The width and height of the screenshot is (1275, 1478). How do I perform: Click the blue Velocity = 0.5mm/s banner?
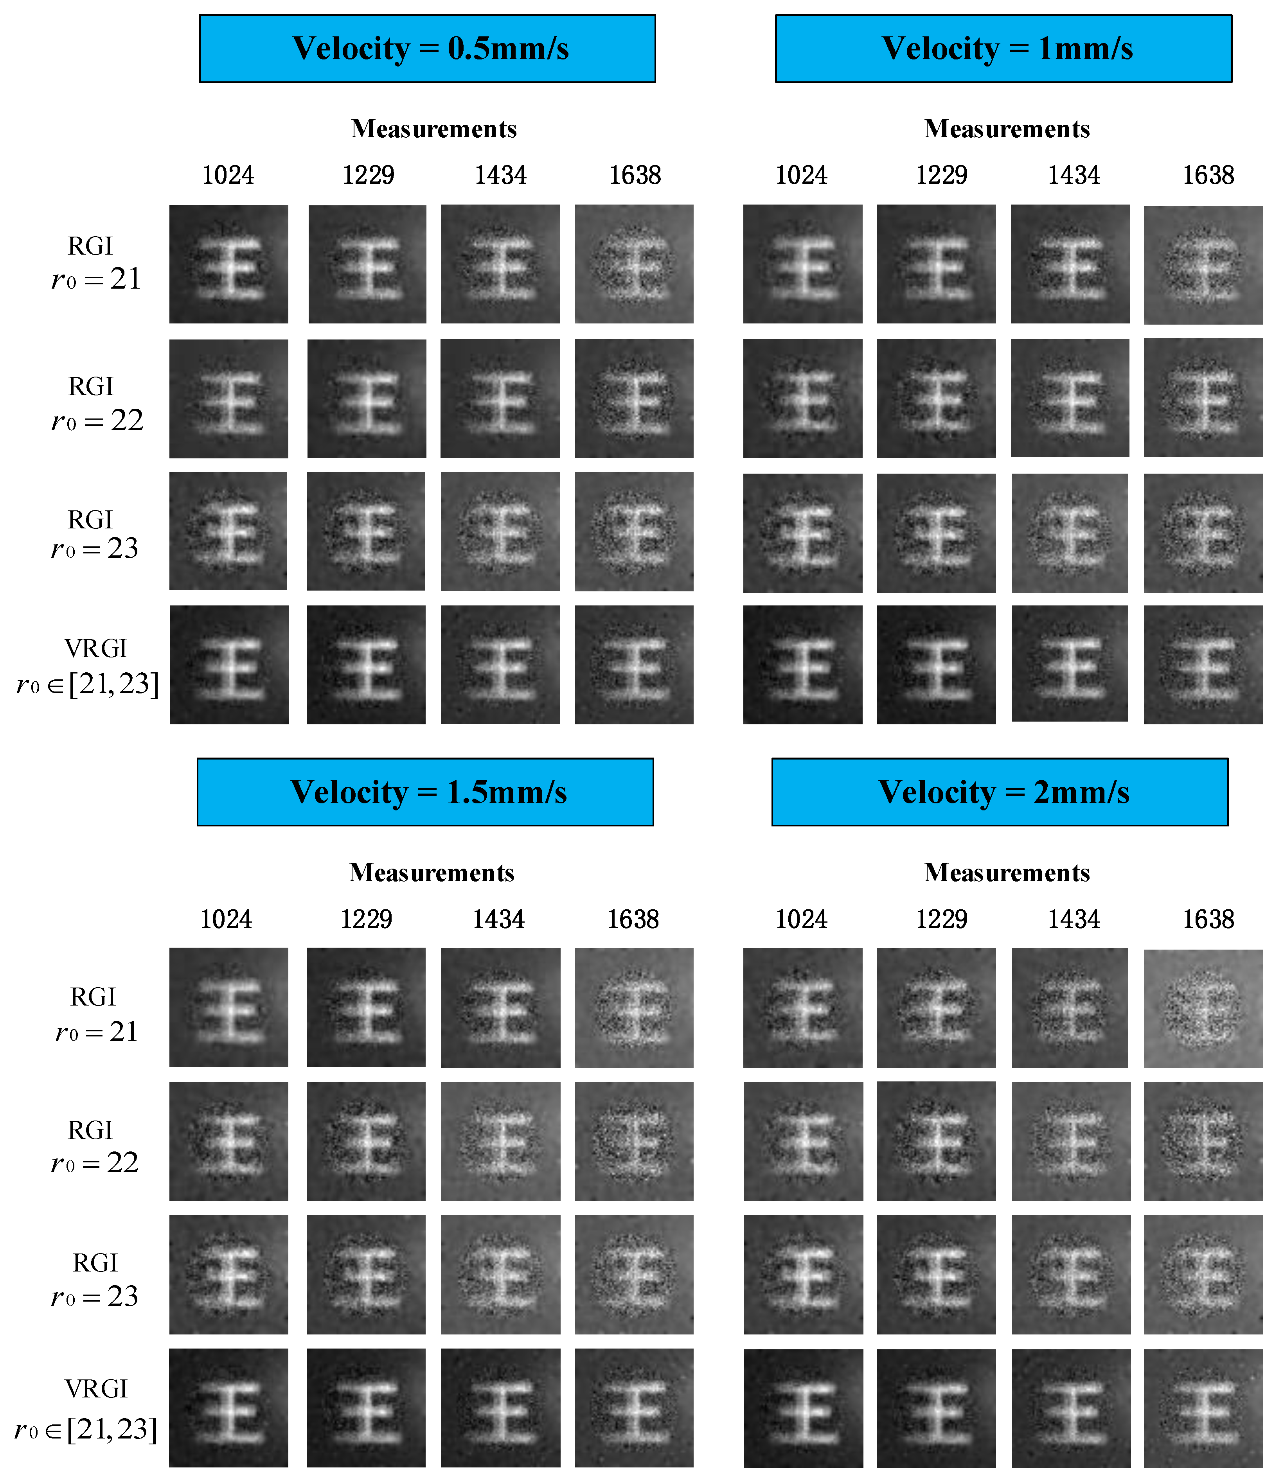427,48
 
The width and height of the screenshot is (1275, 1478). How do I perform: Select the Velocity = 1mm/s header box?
1003,48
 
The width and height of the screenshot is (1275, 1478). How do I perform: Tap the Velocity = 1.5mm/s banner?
425,792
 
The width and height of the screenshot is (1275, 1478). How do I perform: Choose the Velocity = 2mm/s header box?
1000,792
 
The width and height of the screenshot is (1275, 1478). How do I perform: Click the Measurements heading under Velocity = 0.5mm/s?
434,129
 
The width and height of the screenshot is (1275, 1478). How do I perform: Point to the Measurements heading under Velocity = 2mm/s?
1007,873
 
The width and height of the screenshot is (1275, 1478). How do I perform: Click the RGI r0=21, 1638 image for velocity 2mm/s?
1203,1008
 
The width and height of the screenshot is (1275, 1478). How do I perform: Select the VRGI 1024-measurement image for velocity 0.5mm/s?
229,665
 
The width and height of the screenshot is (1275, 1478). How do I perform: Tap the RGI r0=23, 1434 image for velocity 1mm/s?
1070,533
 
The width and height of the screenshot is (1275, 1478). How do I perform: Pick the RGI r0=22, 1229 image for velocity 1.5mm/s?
366,1141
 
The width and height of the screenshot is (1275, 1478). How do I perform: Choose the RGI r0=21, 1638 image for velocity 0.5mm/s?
633,264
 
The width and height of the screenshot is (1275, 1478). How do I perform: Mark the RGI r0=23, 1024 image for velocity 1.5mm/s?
228,1275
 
